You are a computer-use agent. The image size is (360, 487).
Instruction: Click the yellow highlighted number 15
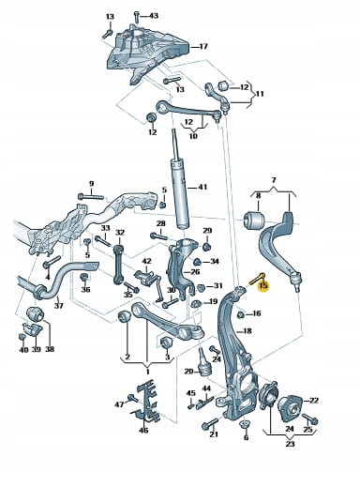tap(263, 286)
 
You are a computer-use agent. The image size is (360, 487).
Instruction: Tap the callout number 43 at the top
tap(154, 15)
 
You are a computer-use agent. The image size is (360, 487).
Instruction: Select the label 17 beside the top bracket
tap(203, 46)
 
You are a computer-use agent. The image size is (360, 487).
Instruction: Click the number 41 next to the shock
tap(202, 187)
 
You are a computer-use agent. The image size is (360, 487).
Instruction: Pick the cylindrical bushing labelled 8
tap(254, 221)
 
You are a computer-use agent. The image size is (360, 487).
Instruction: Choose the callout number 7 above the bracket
tap(274, 180)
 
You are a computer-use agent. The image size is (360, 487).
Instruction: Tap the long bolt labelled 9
tap(91, 197)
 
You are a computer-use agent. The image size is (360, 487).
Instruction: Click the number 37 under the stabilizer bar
tap(59, 305)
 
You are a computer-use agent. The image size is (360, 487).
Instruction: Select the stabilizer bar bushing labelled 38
tap(35, 314)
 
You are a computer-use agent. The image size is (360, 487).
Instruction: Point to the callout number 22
tap(314, 400)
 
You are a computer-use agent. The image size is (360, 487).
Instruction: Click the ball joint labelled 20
tap(203, 364)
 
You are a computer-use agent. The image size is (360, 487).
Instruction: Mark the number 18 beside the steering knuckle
tap(247, 330)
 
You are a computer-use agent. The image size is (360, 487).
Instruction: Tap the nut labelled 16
tap(240, 314)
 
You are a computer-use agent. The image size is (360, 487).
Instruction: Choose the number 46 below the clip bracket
tap(143, 431)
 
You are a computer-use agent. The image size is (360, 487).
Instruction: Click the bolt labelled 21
tap(210, 424)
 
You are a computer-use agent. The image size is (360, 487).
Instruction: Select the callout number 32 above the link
tap(120, 233)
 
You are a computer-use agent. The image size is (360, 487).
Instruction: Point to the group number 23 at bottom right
tap(290, 444)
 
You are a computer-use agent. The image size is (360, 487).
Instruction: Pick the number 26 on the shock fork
tap(195, 272)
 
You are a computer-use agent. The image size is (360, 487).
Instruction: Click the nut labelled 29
tap(206, 247)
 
